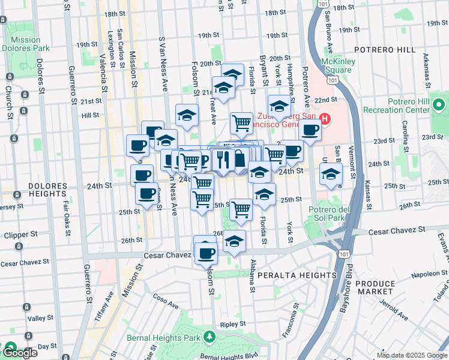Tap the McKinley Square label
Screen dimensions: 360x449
pyautogui.click(x=338, y=65)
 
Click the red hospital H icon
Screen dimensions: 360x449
pyautogui.click(x=325, y=119)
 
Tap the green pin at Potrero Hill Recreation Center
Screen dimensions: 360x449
pyautogui.click(x=439, y=106)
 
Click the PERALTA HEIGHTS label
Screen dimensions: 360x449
pyautogui.click(x=297, y=275)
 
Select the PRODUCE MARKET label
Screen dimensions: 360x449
pyautogui.click(x=376, y=287)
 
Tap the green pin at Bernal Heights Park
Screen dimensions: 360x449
pyautogui.click(x=208, y=337)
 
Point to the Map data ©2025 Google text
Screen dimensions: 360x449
pyautogui.click(x=411, y=355)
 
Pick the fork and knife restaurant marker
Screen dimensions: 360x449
pyautogui.click(x=221, y=160)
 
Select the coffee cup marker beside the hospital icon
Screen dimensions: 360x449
pyautogui.click(x=310, y=130)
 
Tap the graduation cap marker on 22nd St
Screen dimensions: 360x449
pyautogui.click(x=279, y=107)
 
